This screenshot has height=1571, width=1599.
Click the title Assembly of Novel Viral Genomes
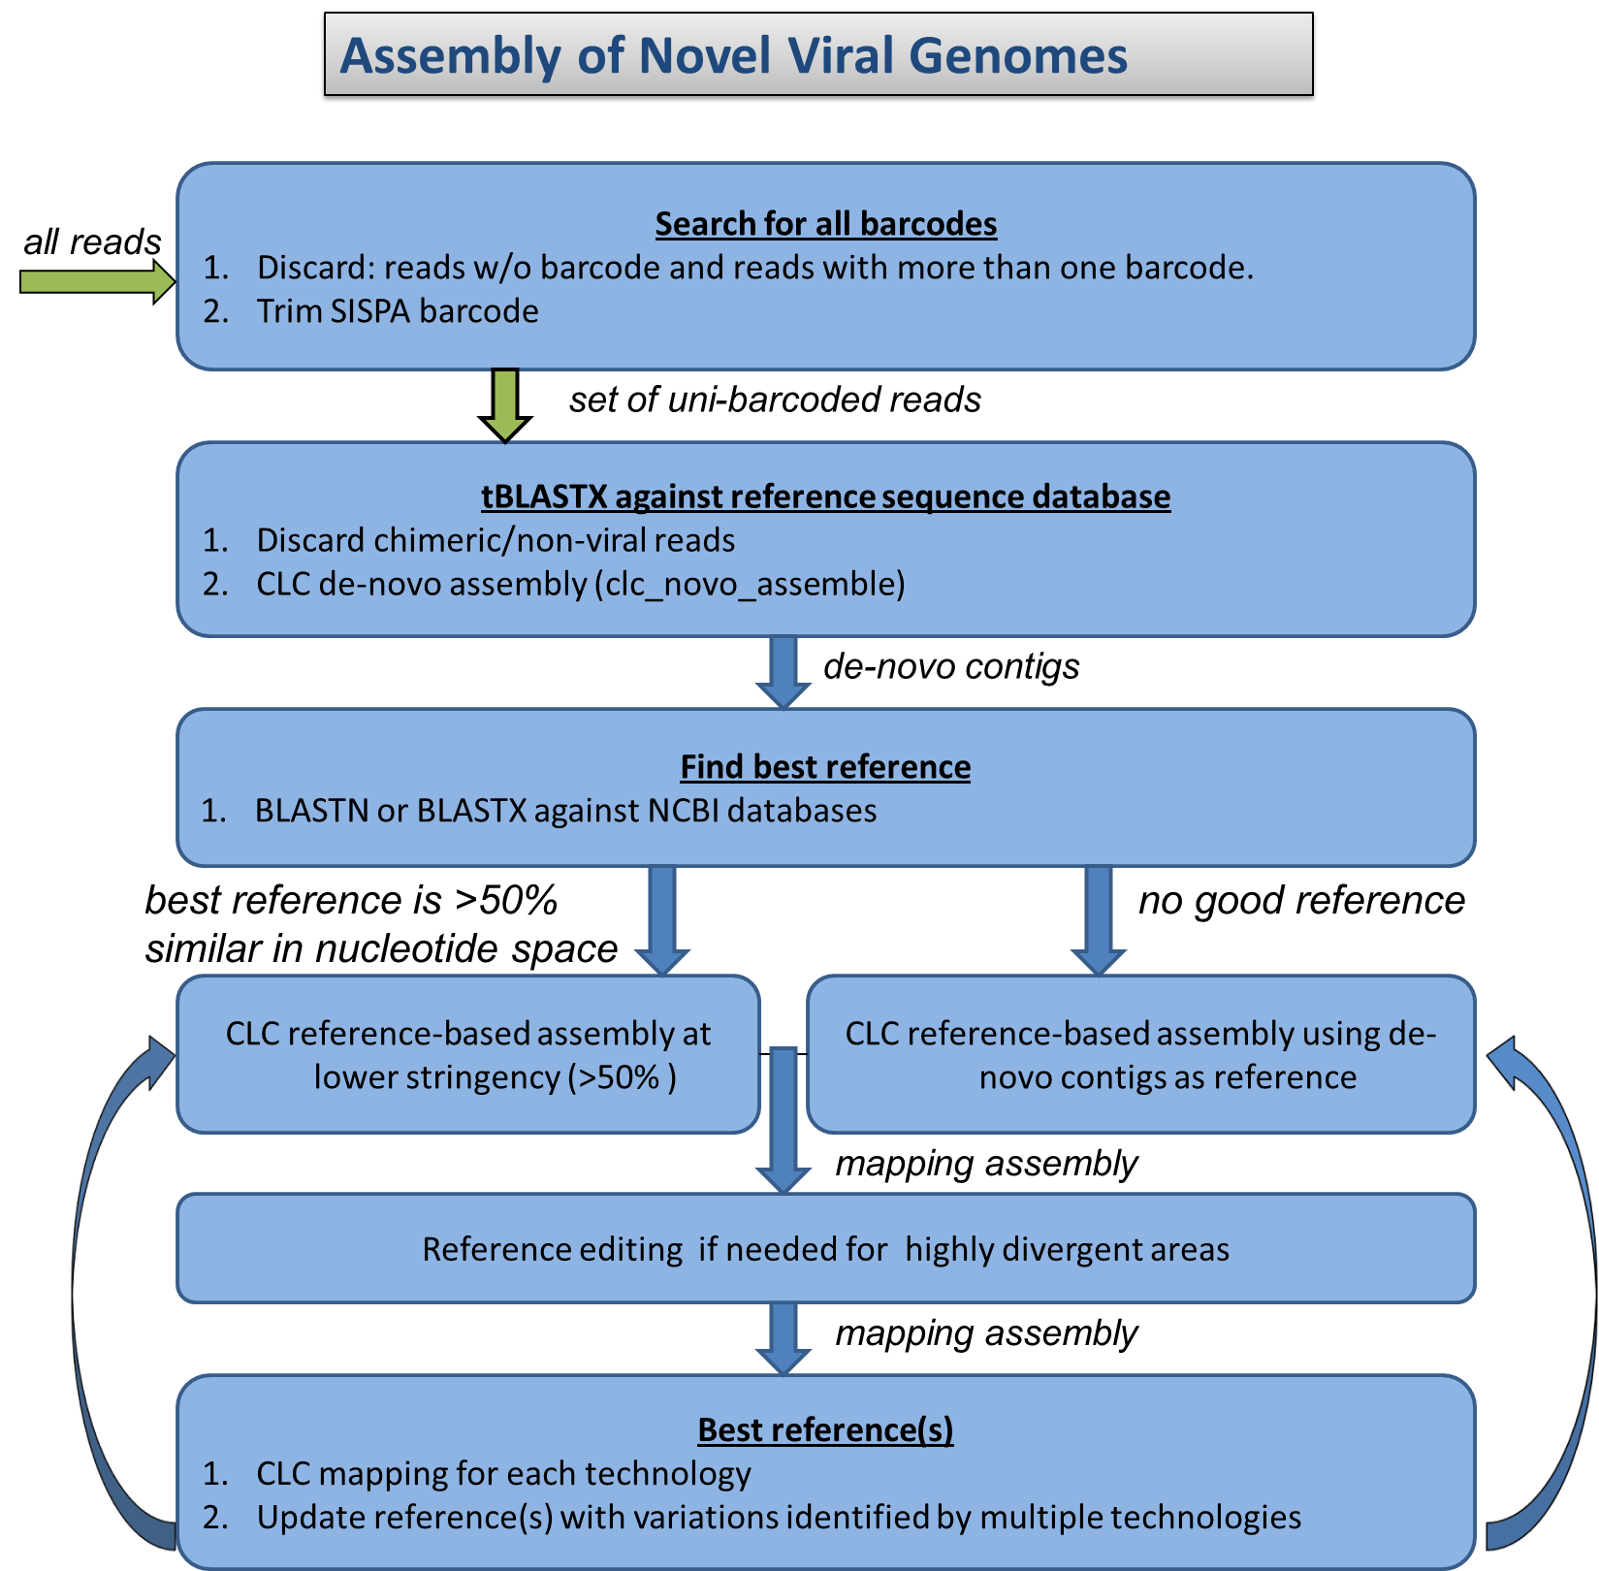pos(734,55)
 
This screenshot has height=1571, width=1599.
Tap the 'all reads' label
pos(92,241)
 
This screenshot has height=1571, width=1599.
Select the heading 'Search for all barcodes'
pos(825,224)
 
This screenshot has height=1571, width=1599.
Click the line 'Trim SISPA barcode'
pos(398,311)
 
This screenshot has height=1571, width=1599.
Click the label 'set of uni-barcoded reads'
pos(775,400)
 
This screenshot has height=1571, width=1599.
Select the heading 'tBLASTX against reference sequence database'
pos(825,497)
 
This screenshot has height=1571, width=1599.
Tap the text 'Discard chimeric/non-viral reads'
pos(496,540)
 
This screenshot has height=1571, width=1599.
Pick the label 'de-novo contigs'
pos(950,666)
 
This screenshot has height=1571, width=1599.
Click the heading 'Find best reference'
pos(825,767)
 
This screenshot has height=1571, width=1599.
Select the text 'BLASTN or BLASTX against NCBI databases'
pos(565,811)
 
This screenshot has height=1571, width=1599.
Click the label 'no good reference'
pos(1300,900)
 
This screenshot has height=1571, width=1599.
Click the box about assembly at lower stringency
pos(467,1055)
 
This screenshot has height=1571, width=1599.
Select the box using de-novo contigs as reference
pos(1140,1055)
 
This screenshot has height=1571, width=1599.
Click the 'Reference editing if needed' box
pos(825,1249)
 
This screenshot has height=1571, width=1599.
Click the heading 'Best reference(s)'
pos(825,1430)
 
